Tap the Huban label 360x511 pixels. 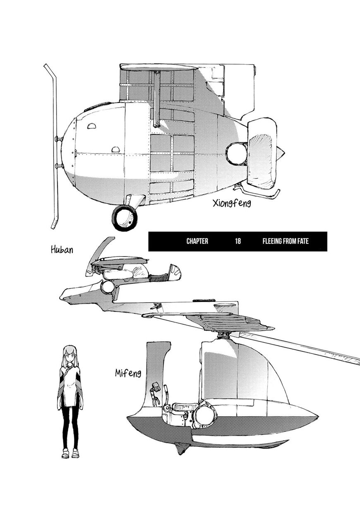pyautogui.click(x=62, y=250)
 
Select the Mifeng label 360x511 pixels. pyautogui.click(x=128, y=374)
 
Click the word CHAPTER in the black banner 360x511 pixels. pyautogui.click(x=197, y=241)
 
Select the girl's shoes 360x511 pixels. pyautogui.click(x=70, y=454)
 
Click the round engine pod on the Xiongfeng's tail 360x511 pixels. pyautogui.click(x=237, y=154)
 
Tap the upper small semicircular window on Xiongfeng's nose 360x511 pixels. pyautogui.click(x=92, y=125)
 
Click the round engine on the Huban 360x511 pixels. pyautogui.click(x=108, y=287)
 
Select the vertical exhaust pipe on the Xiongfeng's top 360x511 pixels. pyautogui.click(x=157, y=99)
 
